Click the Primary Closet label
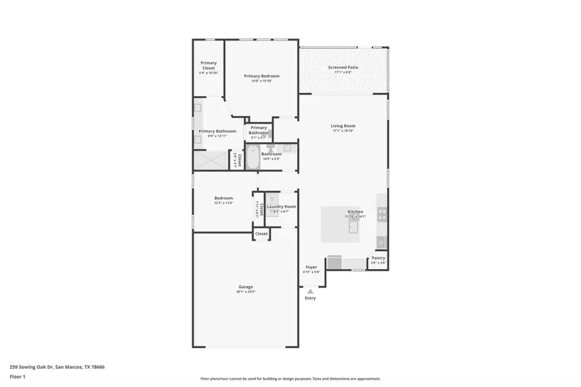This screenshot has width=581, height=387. (x=208, y=65)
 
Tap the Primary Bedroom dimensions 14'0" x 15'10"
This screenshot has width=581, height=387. (x=261, y=81)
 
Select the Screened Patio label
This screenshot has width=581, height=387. (x=343, y=67)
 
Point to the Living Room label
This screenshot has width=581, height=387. (x=343, y=126)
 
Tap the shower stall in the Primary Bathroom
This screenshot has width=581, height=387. (x=212, y=159)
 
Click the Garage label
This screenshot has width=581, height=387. (x=245, y=286)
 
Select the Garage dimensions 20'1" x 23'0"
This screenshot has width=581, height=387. (x=245, y=292)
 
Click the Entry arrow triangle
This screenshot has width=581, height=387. (x=311, y=292)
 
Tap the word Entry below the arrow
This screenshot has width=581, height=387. (x=311, y=298)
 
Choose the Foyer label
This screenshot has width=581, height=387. (x=311, y=266)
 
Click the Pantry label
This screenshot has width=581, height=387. (x=378, y=258)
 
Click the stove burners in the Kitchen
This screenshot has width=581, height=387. (x=382, y=213)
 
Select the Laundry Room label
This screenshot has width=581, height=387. (x=281, y=206)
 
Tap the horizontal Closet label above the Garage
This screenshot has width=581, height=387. (x=261, y=233)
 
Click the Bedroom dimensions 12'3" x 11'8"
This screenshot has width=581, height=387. (x=223, y=203)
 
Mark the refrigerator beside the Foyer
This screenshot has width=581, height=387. (x=335, y=262)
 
